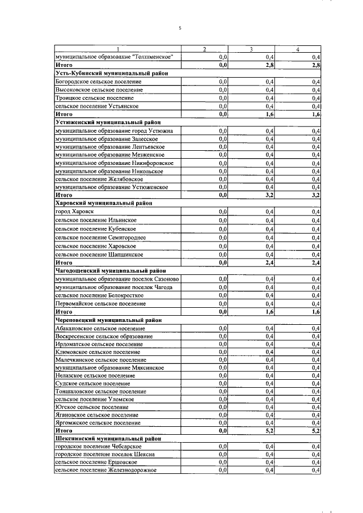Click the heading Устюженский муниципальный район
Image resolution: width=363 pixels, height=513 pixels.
108,122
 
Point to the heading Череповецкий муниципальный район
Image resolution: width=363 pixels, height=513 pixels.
108,320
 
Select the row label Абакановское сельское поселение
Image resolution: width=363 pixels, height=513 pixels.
100,328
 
